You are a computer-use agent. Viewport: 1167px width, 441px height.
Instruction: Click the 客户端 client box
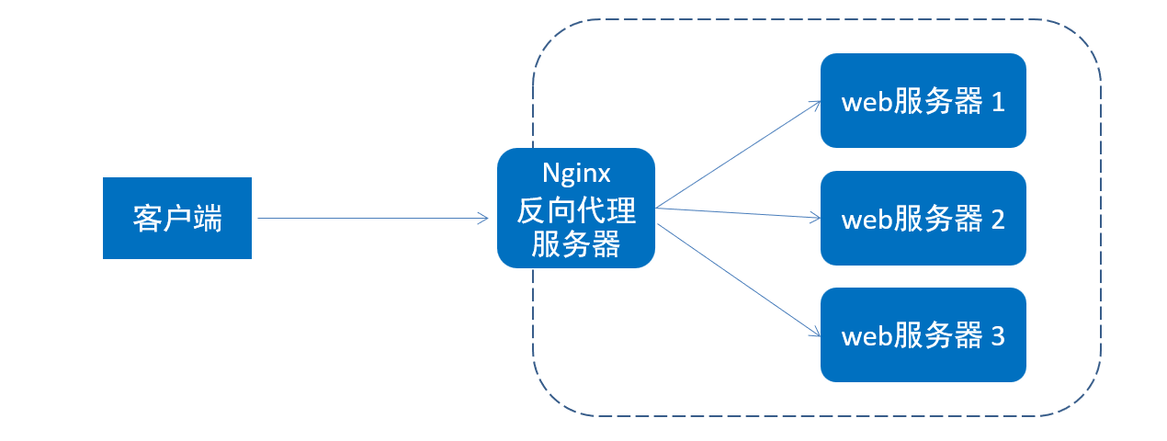coord(176,218)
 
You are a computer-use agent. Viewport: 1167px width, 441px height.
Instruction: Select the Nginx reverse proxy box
coord(575,208)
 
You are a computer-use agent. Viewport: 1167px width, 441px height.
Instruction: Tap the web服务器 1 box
coord(923,100)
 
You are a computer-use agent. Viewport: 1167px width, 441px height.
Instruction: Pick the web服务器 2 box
coord(923,218)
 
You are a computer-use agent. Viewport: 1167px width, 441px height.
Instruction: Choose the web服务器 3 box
coord(923,335)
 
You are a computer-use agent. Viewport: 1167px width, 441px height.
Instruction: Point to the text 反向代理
coord(575,210)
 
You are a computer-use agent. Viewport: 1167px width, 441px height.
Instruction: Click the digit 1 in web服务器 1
coord(997,102)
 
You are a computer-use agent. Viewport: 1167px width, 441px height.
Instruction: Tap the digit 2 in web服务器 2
coord(997,220)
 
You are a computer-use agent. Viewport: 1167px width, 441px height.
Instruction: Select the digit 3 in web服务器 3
coord(997,336)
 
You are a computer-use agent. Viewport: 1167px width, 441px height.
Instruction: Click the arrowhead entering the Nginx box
coord(483,218)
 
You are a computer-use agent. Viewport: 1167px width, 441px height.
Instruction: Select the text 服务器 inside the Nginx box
coord(575,244)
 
